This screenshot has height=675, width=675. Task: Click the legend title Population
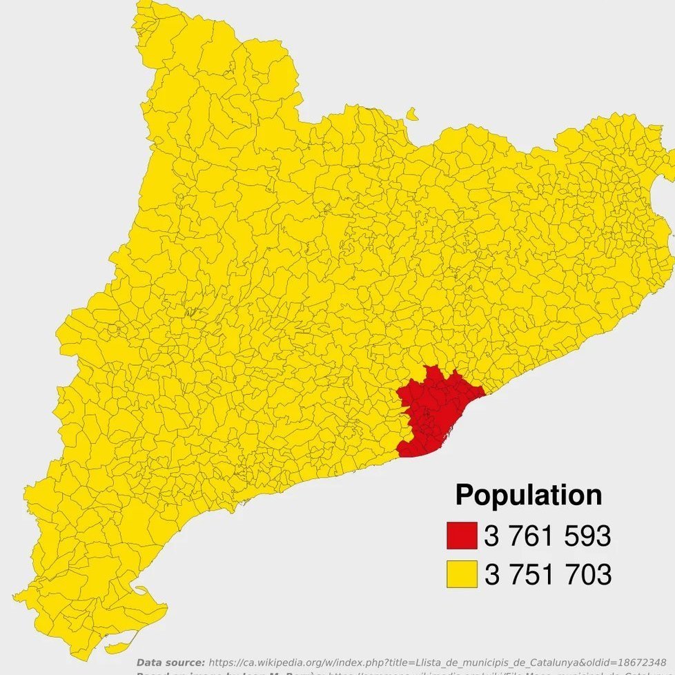[528, 496]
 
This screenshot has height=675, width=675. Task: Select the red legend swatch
[462, 536]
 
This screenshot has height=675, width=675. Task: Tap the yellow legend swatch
[462, 574]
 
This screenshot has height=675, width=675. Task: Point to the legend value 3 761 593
[547, 536]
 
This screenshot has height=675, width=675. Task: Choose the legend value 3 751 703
[547, 574]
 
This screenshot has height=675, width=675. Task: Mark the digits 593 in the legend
[587, 536]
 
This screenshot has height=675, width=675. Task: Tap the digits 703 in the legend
[587, 574]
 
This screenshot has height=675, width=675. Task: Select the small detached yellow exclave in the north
[412, 113]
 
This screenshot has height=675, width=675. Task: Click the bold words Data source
[170, 662]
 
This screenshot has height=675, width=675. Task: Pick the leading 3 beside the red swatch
[491, 536]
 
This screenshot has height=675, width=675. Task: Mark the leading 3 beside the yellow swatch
[491, 574]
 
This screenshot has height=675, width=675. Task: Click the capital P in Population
[465, 496]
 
